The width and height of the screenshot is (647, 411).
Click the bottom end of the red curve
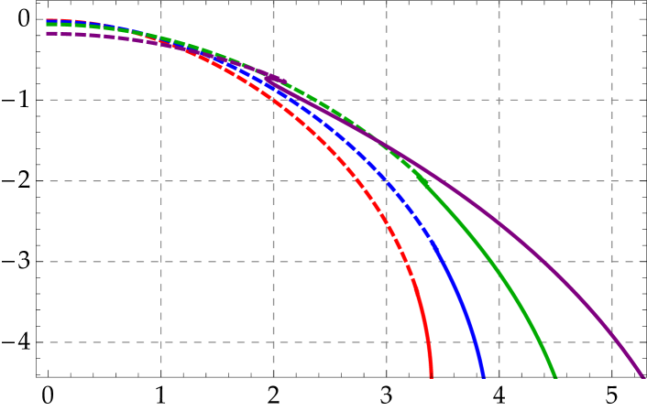[x=431, y=375]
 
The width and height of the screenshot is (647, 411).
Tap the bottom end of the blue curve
[x=482, y=375]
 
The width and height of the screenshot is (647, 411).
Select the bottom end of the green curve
[x=554, y=375]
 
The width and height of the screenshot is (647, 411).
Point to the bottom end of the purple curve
[x=642, y=375]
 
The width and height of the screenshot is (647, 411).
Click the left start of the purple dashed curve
[x=48, y=33]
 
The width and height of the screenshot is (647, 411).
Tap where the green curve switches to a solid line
[x=417, y=174]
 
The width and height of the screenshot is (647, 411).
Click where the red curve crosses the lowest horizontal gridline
[x=427, y=342]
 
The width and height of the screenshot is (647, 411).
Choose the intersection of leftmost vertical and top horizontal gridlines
[x=161, y=100]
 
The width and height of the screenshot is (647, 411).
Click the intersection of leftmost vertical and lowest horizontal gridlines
[x=161, y=342]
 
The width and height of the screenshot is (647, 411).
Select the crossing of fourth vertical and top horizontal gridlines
[x=499, y=100]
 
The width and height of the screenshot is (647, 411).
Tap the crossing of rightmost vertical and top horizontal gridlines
[x=611, y=100]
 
